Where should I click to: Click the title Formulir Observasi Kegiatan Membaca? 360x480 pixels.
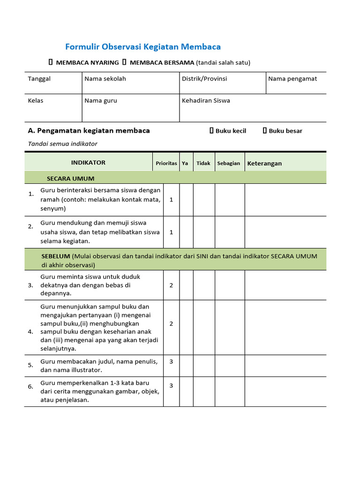pyautogui.click(x=142, y=47)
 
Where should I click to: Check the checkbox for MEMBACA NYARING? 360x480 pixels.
pyautogui.click(x=51, y=62)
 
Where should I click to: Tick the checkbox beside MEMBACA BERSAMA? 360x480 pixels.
pyautogui.click(x=124, y=62)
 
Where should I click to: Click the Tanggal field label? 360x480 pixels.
pyautogui.click(x=39, y=79)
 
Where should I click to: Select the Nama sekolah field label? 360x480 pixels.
pyautogui.click(x=105, y=79)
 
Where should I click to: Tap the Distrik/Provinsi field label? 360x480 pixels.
pyautogui.click(x=204, y=79)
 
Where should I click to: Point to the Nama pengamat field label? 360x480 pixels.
pyautogui.click(x=292, y=79)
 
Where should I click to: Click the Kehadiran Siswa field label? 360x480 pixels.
pyautogui.click(x=206, y=100)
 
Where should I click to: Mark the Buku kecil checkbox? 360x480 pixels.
pyautogui.click(x=211, y=131)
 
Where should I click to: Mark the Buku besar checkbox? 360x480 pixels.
pyautogui.click(x=265, y=131)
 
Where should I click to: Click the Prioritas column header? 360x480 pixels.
pyautogui.click(x=166, y=163)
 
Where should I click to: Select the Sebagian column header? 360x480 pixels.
pyautogui.click(x=229, y=163)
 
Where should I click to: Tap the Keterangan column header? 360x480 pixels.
pyautogui.click(x=264, y=163)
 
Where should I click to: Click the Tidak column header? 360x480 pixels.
pyautogui.click(x=203, y=163)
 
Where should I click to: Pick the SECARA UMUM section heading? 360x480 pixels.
pyautogui.click(x=70, y=179)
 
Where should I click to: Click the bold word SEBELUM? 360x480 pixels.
pyautogui.click(x=56, y=256)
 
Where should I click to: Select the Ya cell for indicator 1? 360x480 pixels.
pyautogui.click(x=186, y=200)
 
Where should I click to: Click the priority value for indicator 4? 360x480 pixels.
pyautogui.click(x=171, y=323)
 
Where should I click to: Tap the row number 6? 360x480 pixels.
pyautogui.click(x=30, y=387)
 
